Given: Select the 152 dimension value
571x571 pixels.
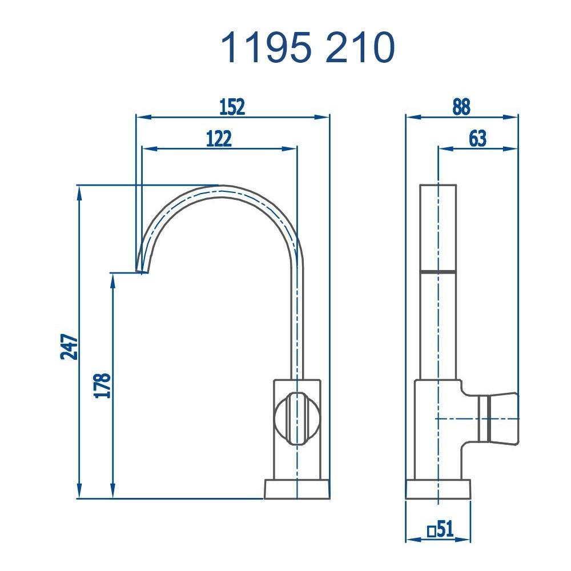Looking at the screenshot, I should [232, 106].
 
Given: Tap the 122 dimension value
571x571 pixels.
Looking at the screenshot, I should [219, 138].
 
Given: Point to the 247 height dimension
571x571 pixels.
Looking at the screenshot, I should [69, 346].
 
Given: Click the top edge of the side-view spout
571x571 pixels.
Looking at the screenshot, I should [438, 185].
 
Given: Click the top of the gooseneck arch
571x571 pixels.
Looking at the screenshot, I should [220, 188].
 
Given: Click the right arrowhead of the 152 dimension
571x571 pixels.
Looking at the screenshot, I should [325, 117].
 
